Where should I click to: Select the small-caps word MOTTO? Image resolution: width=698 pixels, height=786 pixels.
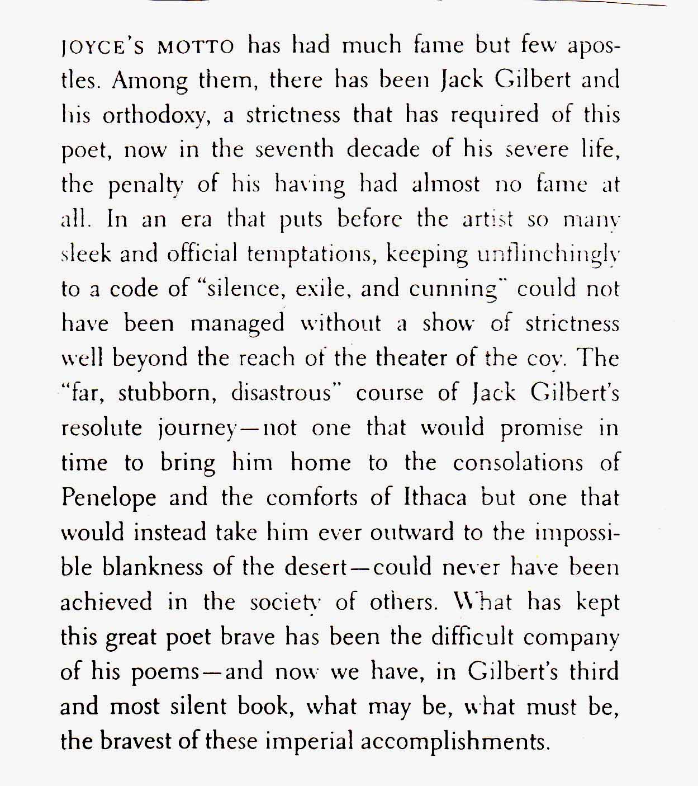click(x=196, y=46)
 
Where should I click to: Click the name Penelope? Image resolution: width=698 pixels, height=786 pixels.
click(x=108, y=498)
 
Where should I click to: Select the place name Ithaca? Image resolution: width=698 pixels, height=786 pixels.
click(x=435, y=497)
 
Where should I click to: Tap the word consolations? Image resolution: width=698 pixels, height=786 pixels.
click(x=518, y=463)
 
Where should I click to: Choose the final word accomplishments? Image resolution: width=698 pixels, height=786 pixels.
click(x=453, y=742)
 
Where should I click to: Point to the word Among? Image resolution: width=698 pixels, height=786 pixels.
click(x=150, y=81)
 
